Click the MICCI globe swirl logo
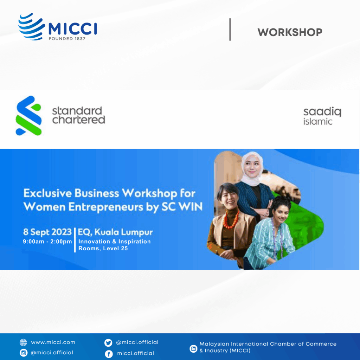(x=31, y=27)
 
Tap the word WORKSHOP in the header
(x=290, y=32)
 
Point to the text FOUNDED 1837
(x=67, y=39)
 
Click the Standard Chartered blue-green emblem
(x=29, y=115)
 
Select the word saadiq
(x=322, y=112)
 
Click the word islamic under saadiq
(x=318, y=121)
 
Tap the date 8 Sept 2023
(x=47, y=232)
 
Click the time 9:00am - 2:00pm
(x=47, y=242)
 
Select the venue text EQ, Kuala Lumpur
(x=115, y=232)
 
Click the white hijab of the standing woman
(x=252, y=169)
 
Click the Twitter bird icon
(x=108, y=342)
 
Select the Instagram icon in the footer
(x=24, y=353)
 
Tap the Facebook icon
(x=109, y=354)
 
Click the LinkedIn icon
(x=193, y=348)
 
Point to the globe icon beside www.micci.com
(x=24, y=342)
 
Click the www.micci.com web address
(x=53, y=342)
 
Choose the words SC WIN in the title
(x=182, y=206)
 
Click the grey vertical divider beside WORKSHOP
(x=230, y=30)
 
